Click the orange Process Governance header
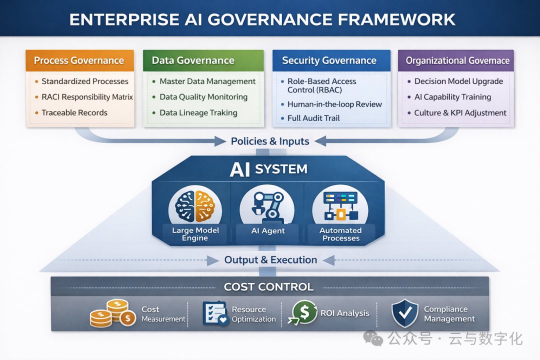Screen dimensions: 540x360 [79, 60]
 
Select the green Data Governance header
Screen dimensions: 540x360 [203, 60]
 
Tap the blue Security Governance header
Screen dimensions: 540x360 [331, 60]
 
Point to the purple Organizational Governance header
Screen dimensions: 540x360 [456, 60]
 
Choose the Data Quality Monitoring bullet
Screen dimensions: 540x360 [199, 97]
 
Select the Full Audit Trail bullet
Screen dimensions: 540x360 [310, 118]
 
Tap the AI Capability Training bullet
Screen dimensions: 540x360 [449, 97]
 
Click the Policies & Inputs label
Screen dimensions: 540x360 [270, 141]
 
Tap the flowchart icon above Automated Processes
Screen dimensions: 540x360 [340, 205]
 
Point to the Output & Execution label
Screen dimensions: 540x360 [270, 260]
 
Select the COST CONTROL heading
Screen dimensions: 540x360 [268, 287]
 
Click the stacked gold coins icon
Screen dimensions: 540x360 [113, 313]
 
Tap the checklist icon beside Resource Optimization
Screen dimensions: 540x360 [215, 313]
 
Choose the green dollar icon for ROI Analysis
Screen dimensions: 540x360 [303, 312]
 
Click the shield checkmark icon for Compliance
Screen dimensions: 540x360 [405, 313]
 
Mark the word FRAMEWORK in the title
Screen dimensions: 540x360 [396, 19]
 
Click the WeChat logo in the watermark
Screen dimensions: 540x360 [373, 338]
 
